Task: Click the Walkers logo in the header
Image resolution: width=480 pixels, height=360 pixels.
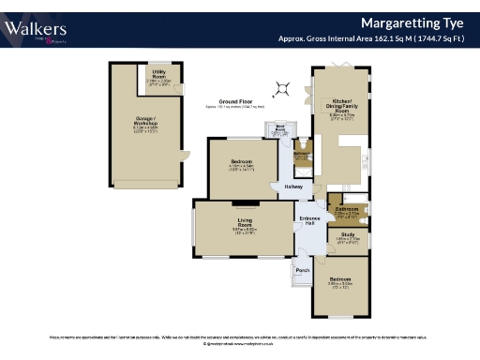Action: [35, 30]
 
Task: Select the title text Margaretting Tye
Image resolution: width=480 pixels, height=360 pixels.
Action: [415, 22]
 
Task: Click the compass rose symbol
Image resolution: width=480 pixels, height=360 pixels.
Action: [279, 90]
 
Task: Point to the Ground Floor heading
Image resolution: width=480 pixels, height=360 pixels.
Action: [237, 101]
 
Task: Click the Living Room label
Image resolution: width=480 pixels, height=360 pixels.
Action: [245, 224]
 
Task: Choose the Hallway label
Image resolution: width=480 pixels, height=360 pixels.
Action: [292, 187]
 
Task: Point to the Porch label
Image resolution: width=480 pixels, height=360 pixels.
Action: [302, 271]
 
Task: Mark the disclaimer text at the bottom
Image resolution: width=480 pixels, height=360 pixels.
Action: [240, 336]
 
